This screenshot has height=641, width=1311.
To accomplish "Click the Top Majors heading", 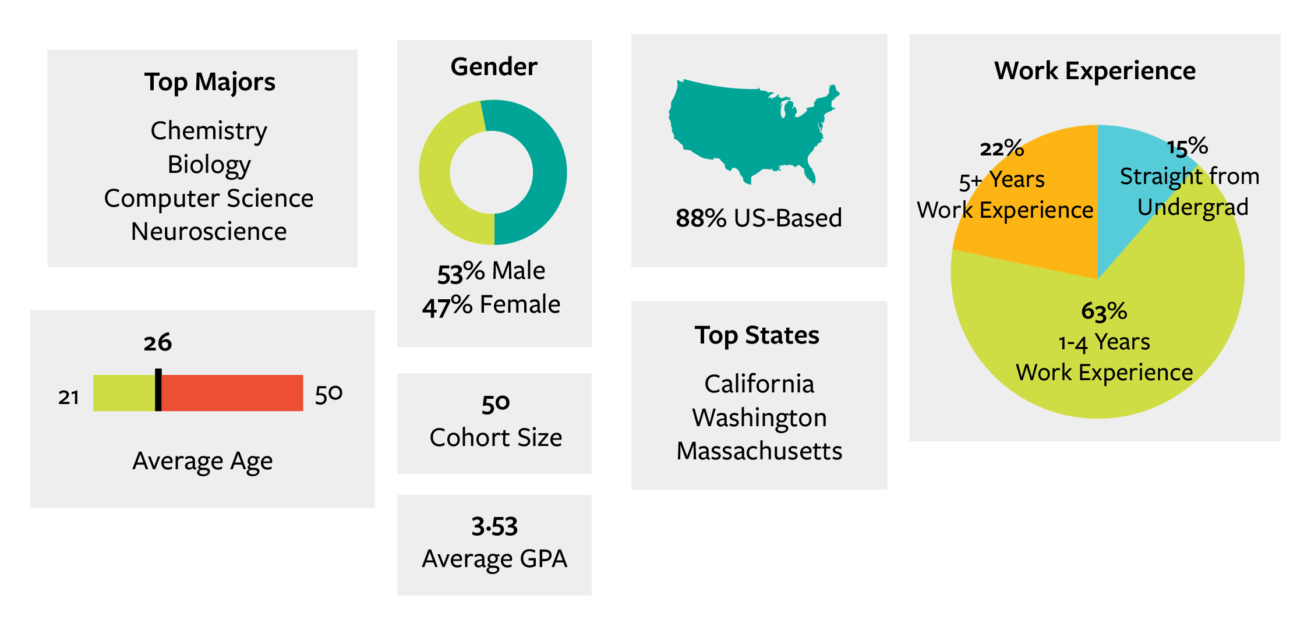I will tap(210, 82).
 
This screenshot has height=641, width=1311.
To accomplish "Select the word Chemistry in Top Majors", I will tap(209, 131).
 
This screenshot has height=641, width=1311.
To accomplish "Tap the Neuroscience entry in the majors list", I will tap(209, 232).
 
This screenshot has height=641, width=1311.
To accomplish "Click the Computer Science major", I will tap(209, 199).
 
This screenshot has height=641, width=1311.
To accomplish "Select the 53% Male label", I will tap(491, 271).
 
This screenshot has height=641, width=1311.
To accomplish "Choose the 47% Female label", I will tap(491, 305).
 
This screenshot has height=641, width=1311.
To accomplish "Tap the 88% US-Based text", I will tap(758, 218).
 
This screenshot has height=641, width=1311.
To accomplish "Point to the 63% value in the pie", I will tap(1104, 311).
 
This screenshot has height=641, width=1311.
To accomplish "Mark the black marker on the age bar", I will tap(158, 390).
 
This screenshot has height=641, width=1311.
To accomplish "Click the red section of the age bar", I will tap(233, 393).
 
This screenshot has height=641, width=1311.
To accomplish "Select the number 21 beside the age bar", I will tap(69, 397).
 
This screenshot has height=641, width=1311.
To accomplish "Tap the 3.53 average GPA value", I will tap(494, 526).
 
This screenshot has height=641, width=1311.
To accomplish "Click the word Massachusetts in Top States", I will tap(759, 451).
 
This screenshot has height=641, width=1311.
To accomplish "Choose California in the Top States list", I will tap(759, 384).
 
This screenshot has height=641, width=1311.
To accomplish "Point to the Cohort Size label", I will tap(496, 438).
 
